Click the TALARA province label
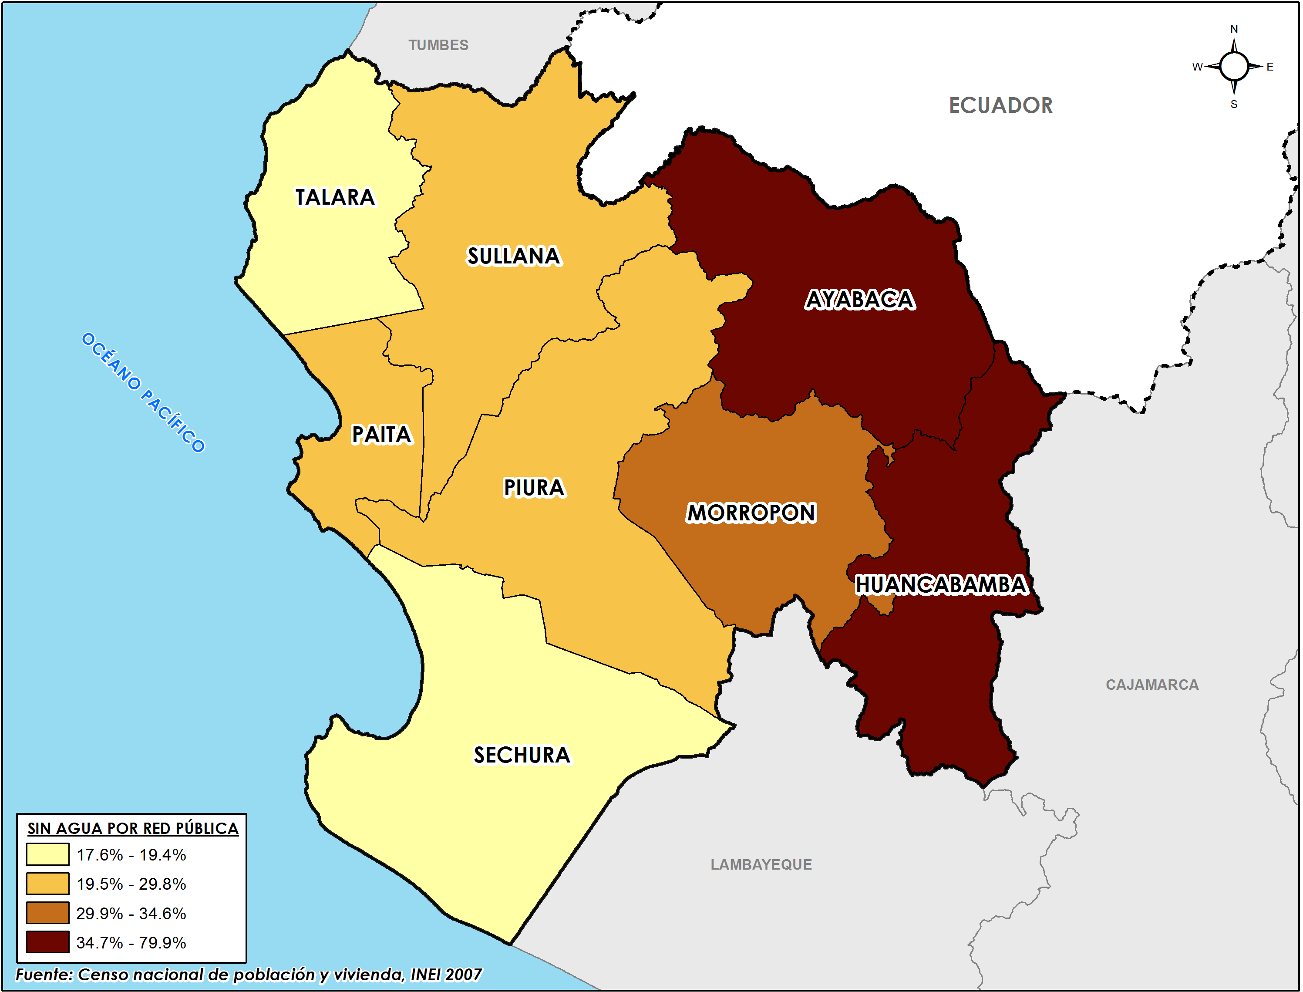(x=335, y=197)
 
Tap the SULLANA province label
(x=514, y=256)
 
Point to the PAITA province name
(x=381, y=435)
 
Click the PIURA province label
(x=534, y=488)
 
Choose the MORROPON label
(x=751, y=513)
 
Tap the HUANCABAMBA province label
(x=941, y=584)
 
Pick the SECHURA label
(x=522, y=755)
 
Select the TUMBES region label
(x=438, y=45)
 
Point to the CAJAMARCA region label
(x=1152, y=685)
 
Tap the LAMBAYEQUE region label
(x=761, y=864)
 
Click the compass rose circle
(x=1233, y=66)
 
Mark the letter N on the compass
(x=1233, y=29)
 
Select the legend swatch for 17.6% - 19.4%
(x=47, y=854)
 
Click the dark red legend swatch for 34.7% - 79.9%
(x=47, y=942)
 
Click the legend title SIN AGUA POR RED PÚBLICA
(x=133, y=828)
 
